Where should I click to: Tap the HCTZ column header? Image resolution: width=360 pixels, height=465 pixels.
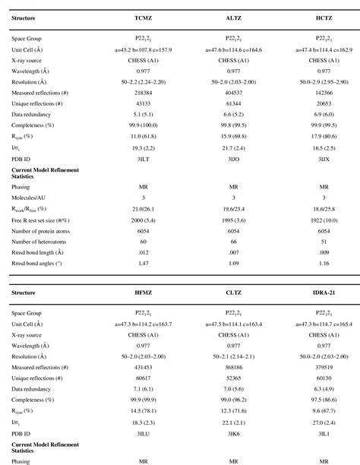point(324,15)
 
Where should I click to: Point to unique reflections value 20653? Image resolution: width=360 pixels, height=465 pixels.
point(324,101)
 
